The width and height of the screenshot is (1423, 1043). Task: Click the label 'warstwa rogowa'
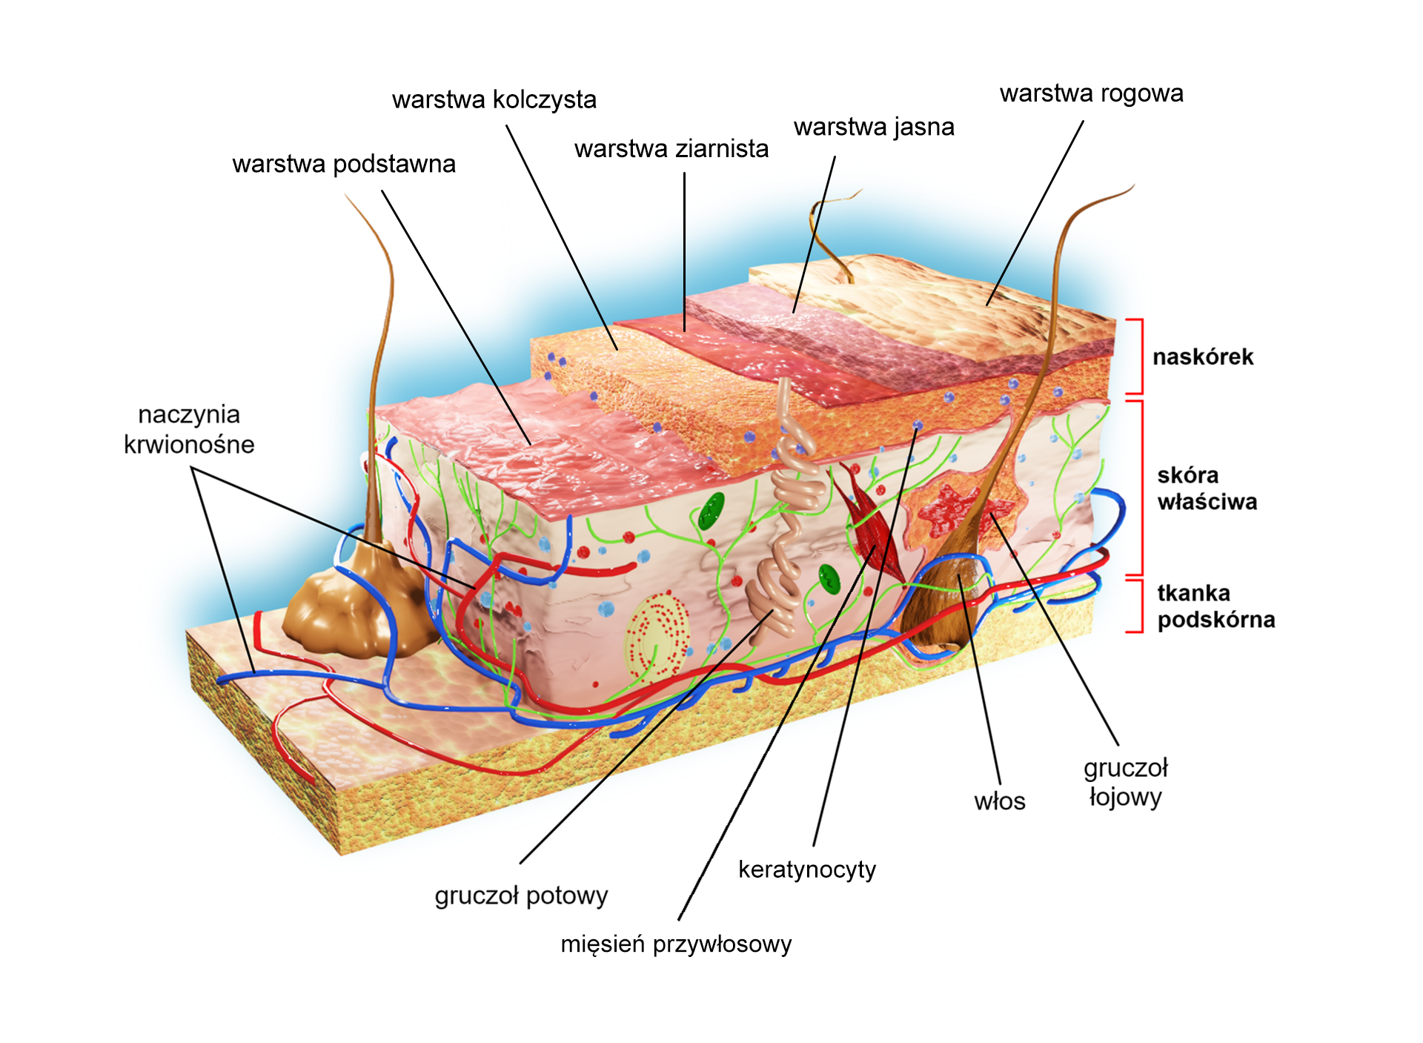click(1091, 94)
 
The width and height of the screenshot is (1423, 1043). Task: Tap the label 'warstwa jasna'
click(874, 128)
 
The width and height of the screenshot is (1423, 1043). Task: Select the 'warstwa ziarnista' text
click(671, 149)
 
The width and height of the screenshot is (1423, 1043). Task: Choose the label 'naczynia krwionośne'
click(189, 429)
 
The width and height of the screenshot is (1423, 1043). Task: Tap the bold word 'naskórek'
click(1203, 357)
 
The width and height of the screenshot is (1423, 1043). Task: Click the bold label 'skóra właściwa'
click(1207, 489)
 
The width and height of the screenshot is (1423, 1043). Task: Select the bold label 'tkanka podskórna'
click(1216, 606)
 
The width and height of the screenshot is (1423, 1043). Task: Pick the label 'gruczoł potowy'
click(521, 896)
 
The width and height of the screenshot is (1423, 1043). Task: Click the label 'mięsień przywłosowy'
click(676, 944)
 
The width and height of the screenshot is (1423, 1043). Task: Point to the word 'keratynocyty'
click(807, 870)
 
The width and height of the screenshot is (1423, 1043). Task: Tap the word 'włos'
click(1000, 801)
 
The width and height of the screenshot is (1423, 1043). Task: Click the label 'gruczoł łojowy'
click(1126, 783)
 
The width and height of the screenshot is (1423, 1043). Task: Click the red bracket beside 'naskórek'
click(1135, 356)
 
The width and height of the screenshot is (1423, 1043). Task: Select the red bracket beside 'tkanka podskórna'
click(1135, 606)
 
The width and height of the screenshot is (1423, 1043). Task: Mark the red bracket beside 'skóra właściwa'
click(1135, 488)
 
